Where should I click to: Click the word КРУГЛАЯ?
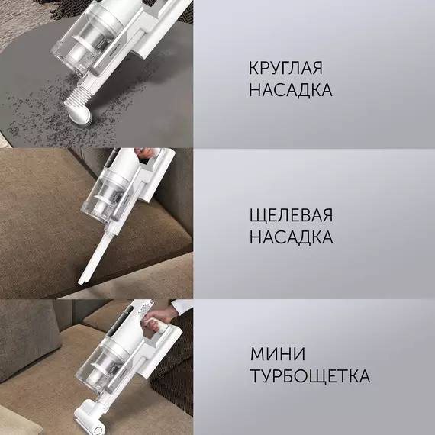pyautogui.click(x=285, y=68)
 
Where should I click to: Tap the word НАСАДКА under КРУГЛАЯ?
pyautogui.click(x=291, y=90)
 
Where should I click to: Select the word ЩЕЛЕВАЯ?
pyautogui.click(x=291, y=215)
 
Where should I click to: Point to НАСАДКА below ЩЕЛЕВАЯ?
pyautogui.click(x=292, y=237)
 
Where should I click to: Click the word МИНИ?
pyautogui.click(x=278, y=353)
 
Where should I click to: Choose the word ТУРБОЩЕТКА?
pyautogui.click(x=310, y=376)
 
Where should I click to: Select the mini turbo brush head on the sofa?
pyautogui.click(x=89, y=417)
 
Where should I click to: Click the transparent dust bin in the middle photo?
pyautogui.click(x=102, y=198)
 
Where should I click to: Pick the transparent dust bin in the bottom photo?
pyautogui.click(x=95, y=366)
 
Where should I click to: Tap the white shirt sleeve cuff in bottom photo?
pyautogui.click(x=181, y=307)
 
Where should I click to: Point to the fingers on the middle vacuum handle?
pyautogui.click(x=145, y=153)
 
